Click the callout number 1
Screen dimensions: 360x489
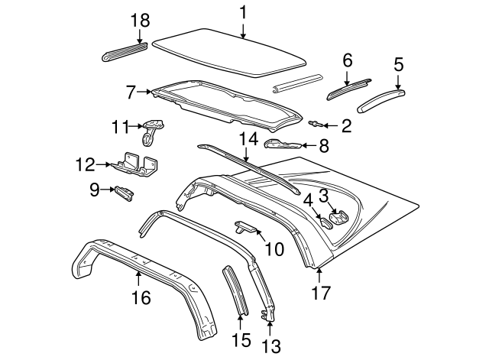pos(243,12)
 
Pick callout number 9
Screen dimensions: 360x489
pos(95,189)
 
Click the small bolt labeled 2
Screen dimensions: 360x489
pos(315,123)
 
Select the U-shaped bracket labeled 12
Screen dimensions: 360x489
pos(138,165)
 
